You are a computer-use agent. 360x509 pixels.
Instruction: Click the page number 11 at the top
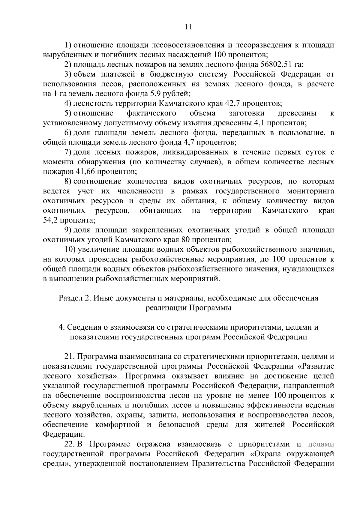pyautogui.click(x=188, y=27)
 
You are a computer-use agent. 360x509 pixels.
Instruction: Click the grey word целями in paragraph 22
pyautogui.click(x=321, y=444)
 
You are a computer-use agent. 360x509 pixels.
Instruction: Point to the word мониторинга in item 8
pyautogui.click(x=310, y=191)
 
